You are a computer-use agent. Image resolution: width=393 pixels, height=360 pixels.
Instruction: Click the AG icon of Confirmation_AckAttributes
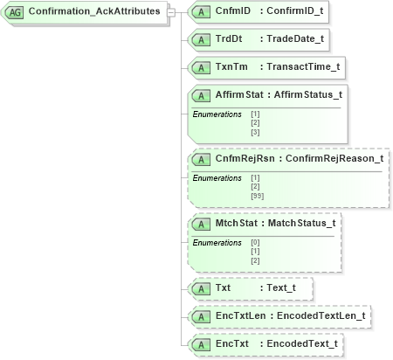point(15,11)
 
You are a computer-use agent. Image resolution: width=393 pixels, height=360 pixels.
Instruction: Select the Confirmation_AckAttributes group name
point(93,11)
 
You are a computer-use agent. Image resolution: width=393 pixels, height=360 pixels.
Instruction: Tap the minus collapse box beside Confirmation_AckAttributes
point(170,11)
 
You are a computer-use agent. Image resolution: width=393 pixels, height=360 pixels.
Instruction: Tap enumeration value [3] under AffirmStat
point(255,132)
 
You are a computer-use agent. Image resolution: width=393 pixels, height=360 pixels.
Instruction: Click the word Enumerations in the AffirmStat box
point(217,114)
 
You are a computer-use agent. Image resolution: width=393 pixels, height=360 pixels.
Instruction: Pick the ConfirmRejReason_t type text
point(334,159)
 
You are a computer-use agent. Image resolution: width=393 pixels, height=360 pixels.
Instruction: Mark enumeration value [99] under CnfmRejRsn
point(257,197)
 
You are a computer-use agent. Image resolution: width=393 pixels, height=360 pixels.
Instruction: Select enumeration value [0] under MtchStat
point(255,243)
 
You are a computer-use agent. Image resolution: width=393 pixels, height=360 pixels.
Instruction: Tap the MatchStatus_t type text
point(301,223)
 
